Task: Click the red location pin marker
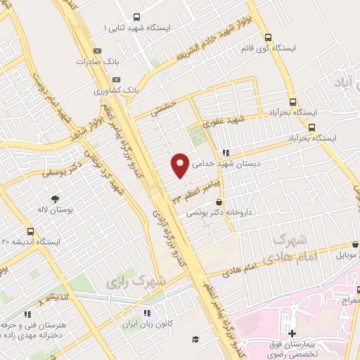pyautogui.click(x=180, y=165)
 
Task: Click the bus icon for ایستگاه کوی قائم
pyautogui.click(x=267, y=38)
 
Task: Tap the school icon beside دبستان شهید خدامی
pyautogui.click(x=225, y=152)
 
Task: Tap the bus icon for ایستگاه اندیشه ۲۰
pyautogui.click(x=30, y=231)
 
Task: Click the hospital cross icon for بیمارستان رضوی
pyautogui.click(x=292, y=333)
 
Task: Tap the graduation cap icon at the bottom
pyautogui.click(x=195, y=340)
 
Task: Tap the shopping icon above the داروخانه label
pyautogui.click(x=219, y=202)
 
